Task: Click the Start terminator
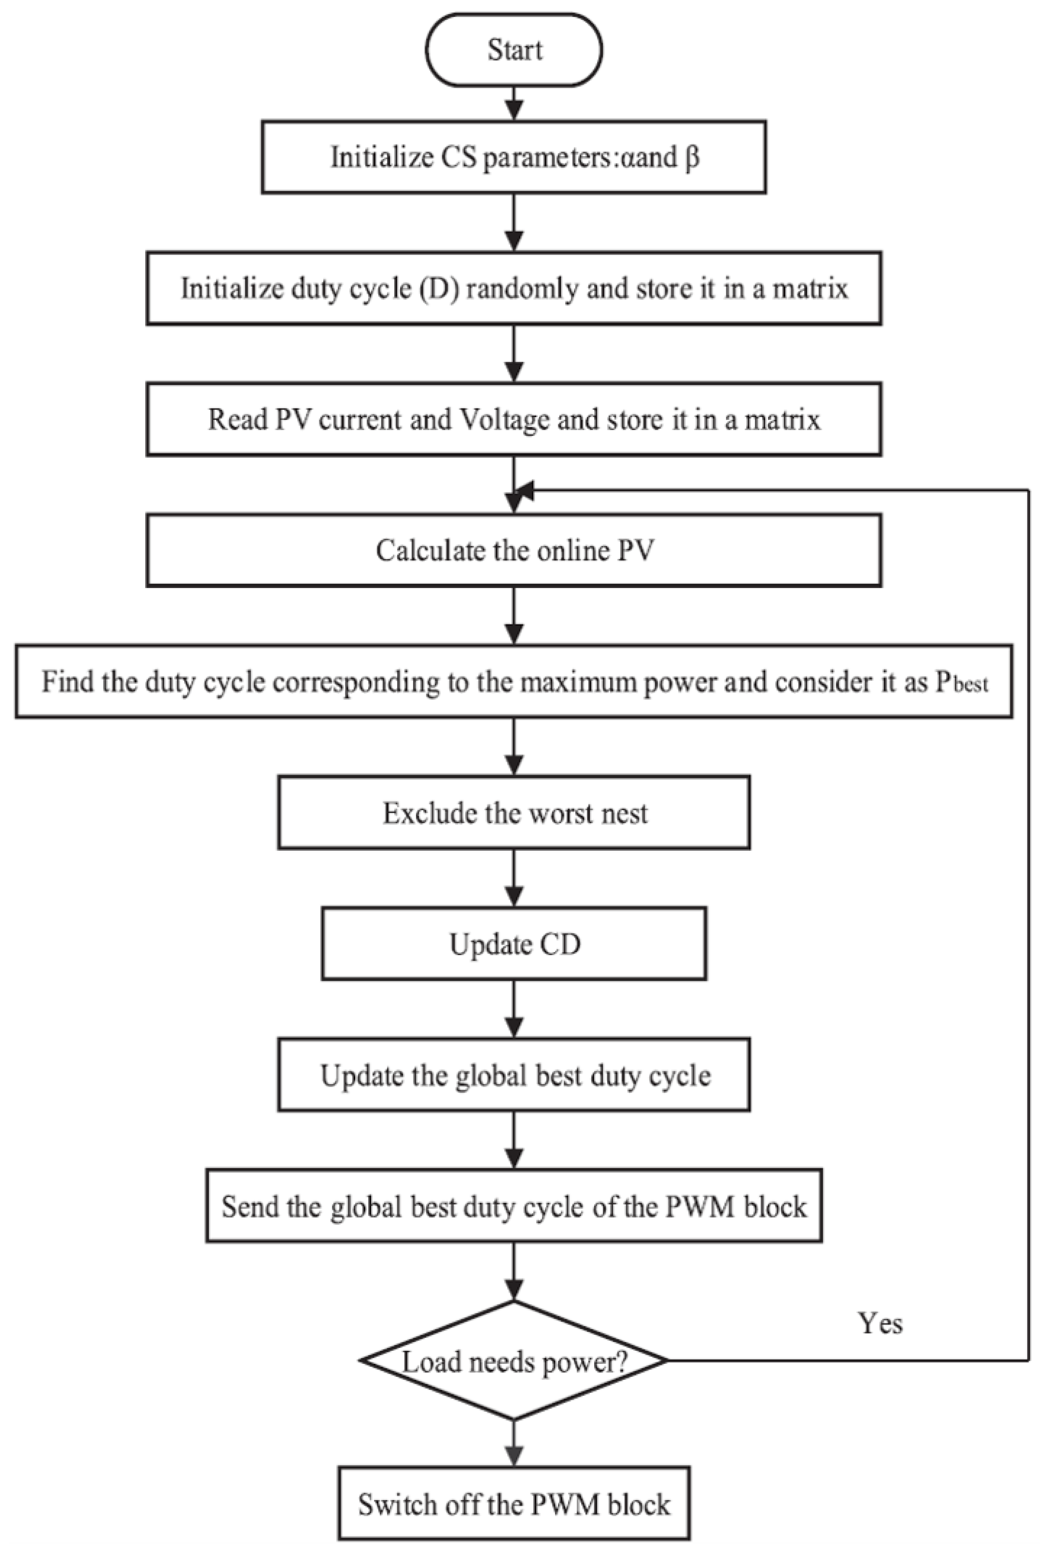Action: click(514, 50)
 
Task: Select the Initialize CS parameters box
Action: click(514, 157)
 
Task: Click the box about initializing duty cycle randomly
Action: click(514, 288)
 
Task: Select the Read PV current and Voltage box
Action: click(514, 419)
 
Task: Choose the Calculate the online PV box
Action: click(514, 550)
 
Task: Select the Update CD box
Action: click(514, 943)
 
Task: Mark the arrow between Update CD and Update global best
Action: click(514, 1008)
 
